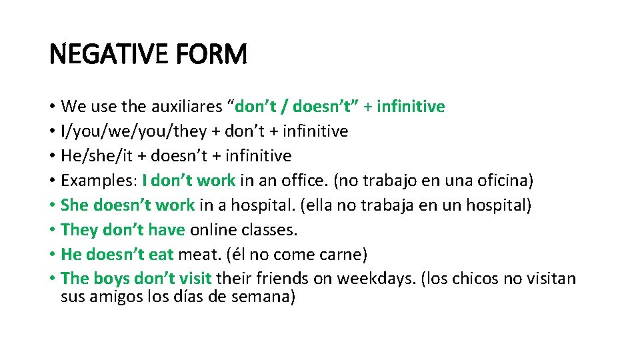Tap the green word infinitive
click(x=411, y=107)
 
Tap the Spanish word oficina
click(x=505, y=181)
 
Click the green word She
click(x=75, y=205)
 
